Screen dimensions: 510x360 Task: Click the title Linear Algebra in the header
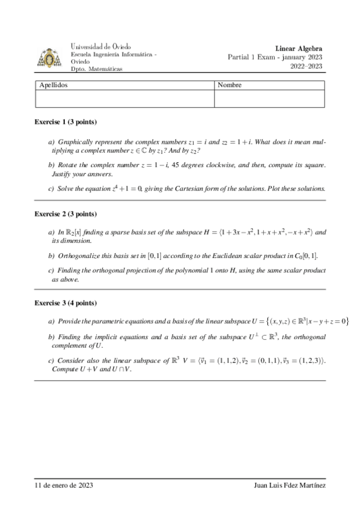tap(299, 48)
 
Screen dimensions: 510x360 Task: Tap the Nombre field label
tap(230, 85)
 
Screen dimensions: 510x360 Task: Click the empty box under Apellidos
tap(124, 99)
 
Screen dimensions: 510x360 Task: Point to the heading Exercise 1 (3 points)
tap(65, 121)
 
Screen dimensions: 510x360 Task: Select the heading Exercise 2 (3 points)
tap(65, 214)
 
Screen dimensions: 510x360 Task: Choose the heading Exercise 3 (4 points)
tap(65, 303)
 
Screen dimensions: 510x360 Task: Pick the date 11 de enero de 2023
tap(63, 485)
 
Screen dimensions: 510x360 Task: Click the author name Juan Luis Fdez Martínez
tap(290, 485)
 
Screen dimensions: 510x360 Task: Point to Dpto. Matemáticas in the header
tap(96, 69)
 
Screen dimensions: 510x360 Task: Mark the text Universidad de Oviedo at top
tap(101, 46)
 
